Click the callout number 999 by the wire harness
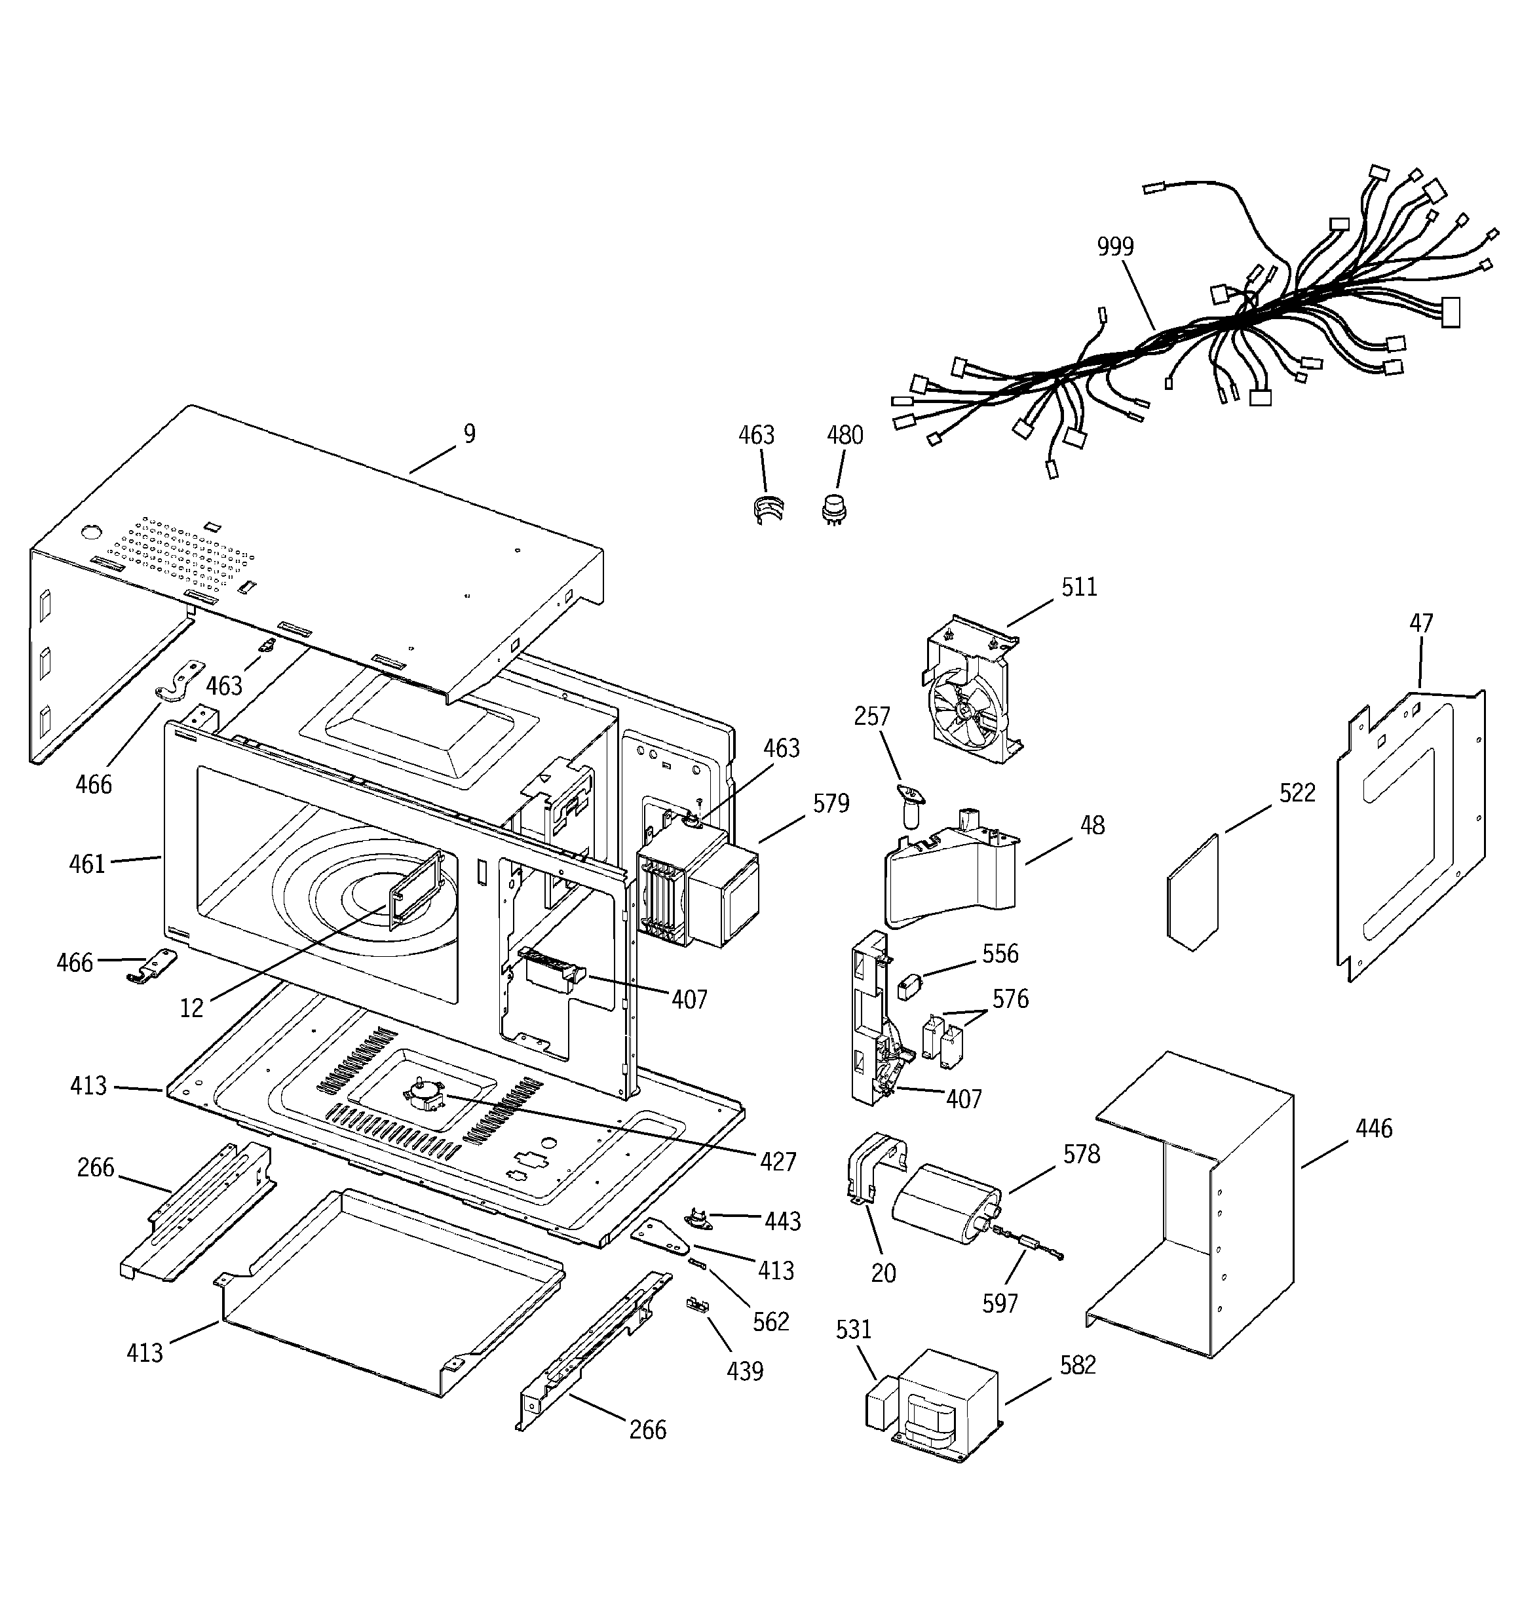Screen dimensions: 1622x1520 (1114, 246)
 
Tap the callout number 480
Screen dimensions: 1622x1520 (845, 435)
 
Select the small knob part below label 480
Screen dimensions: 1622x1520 (834, 509)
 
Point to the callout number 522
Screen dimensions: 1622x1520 (1297, 793)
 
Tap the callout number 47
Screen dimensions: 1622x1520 (1420, 623)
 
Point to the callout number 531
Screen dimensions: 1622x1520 (854, 1330)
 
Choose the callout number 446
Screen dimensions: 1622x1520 (1373, 1129)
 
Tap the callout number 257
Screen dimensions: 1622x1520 (871, 716)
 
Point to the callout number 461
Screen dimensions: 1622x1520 (87, 863)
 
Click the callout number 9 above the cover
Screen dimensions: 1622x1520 (469, 433)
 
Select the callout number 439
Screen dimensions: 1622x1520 (744, 1372)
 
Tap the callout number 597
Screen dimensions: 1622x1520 (999, 1303)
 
